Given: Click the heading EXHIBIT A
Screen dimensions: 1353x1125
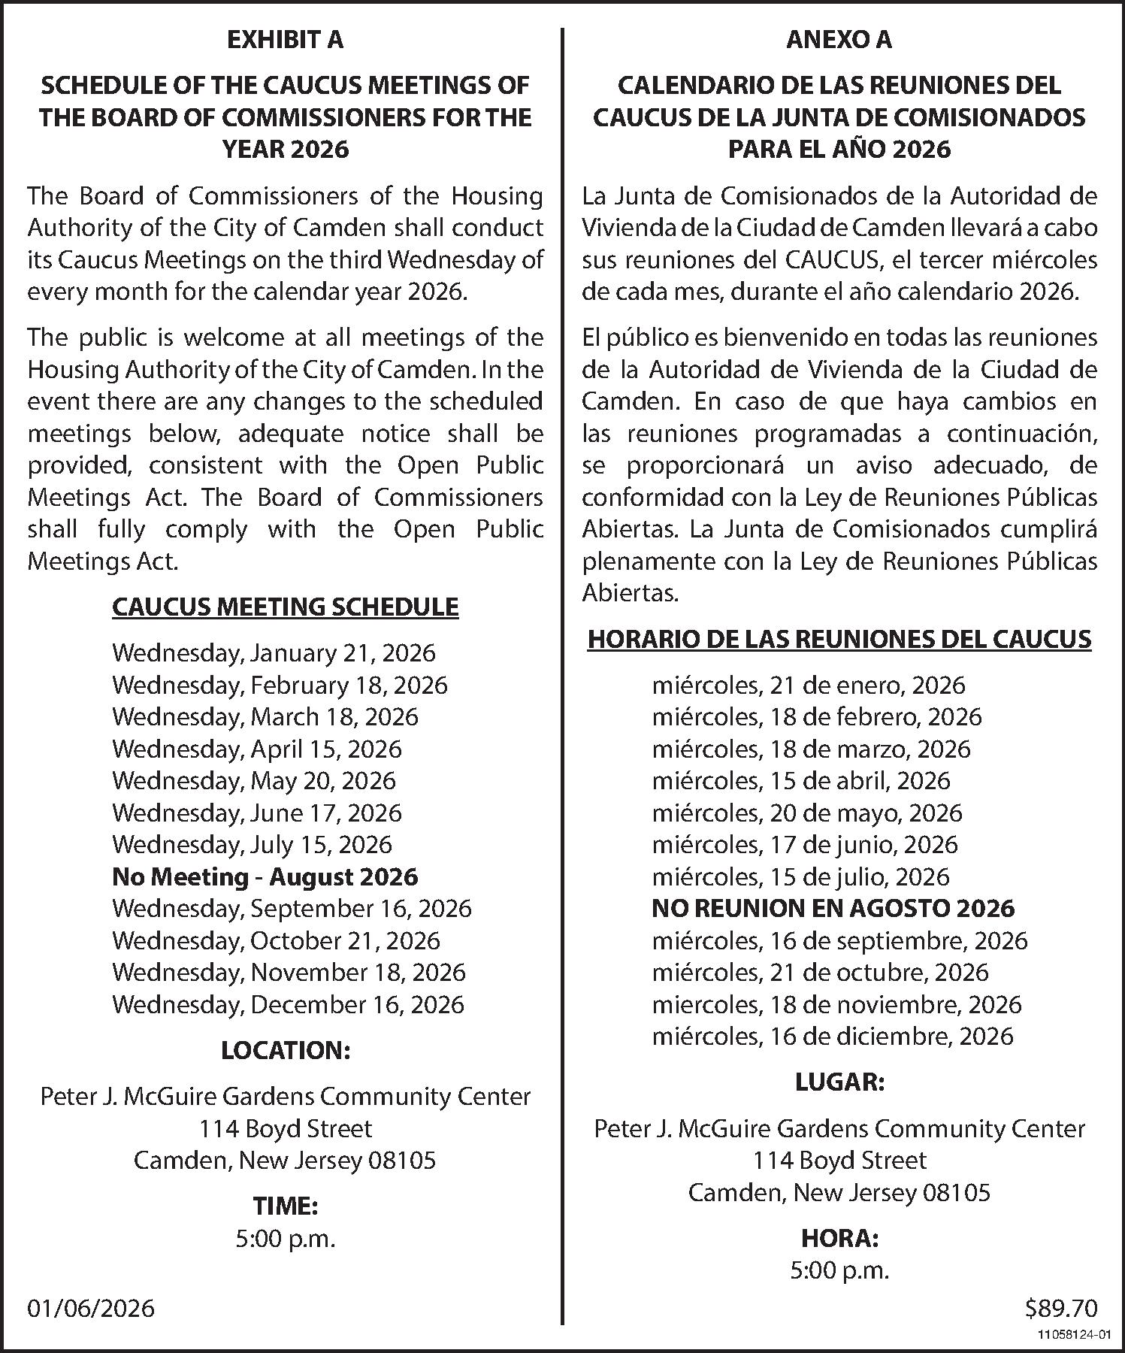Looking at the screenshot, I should (x=285, y=40).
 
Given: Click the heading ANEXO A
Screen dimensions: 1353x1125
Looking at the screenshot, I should (x=839, y=40).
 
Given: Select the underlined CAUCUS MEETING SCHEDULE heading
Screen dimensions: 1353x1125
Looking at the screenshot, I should (x=285, y=607).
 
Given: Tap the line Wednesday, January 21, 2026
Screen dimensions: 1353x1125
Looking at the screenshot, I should (x=274, y=652).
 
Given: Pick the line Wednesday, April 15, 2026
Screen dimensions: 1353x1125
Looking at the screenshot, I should (x=257, y=749).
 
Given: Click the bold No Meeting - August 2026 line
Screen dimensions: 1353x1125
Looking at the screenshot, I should (x=265, y=876).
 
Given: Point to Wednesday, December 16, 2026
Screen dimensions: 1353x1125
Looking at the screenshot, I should (x=288, y=1004).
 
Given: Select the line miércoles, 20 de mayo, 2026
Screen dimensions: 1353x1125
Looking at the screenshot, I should (x=807, y=813).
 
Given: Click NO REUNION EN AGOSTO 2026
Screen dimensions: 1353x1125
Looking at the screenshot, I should (x=833, y=908).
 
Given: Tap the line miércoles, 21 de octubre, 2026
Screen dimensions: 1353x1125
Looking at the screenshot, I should (x=820, y=972).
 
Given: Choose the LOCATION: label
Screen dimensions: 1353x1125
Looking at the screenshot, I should (x=285, y=1050).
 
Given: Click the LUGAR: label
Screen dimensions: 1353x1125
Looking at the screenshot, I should (x=839, y=1082).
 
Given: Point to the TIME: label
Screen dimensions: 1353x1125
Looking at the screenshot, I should (x=285, y=1206).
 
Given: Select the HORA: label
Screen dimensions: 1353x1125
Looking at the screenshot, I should (x=839, y=1238).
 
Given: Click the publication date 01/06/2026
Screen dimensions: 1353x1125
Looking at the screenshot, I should (x=91, y=1308).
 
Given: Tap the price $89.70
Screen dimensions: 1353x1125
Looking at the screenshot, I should (x=1060, y=1308).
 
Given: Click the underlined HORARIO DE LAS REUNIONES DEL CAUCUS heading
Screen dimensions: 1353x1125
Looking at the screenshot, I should (x=839, y=639).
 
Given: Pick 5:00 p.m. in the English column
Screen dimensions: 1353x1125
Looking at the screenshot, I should (x=285, y=1239).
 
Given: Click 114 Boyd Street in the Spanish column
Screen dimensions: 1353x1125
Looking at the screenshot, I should (x=839, y=1160).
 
